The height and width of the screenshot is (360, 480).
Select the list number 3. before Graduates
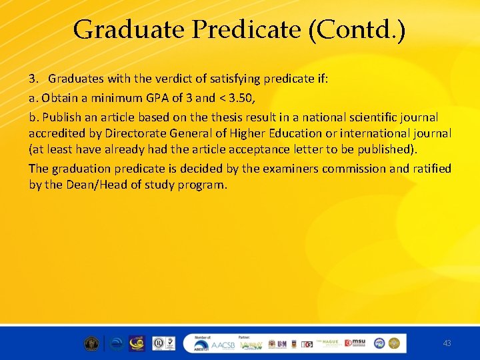pyautogui.click(x=34, y=79)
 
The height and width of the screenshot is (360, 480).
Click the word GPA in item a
pyautogui.click(x=157, y=98)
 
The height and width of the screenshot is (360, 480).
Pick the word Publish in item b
pyautogui.click(x=61, y=117)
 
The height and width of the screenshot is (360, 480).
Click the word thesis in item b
pyautogui.click(x=240, y=117)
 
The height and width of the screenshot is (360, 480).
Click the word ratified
pyautogui.click(x=432, y=169)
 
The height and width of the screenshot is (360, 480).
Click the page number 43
pyautogui.click(x=447, y=343)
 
